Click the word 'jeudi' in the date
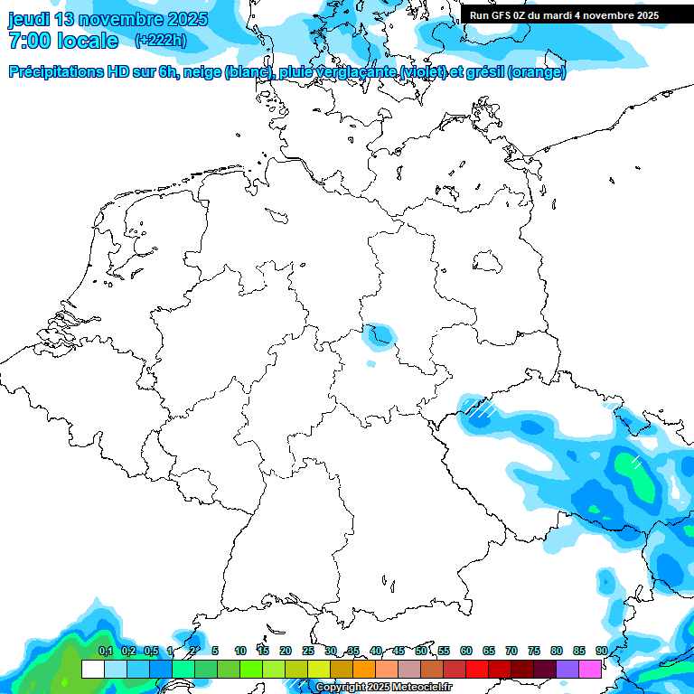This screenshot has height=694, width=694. (29, 19)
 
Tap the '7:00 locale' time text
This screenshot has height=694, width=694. (62, 41)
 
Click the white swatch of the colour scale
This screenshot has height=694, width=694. (92, 669)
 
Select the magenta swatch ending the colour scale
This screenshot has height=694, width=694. (590, 669)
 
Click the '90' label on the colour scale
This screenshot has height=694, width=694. (602, 651)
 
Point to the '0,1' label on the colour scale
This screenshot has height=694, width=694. (106, 651)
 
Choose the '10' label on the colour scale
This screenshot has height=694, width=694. (240, 651)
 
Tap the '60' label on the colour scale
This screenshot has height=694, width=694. (466, 651)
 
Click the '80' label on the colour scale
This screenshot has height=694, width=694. (557, 651)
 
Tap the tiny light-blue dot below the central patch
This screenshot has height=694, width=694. (370, 364)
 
